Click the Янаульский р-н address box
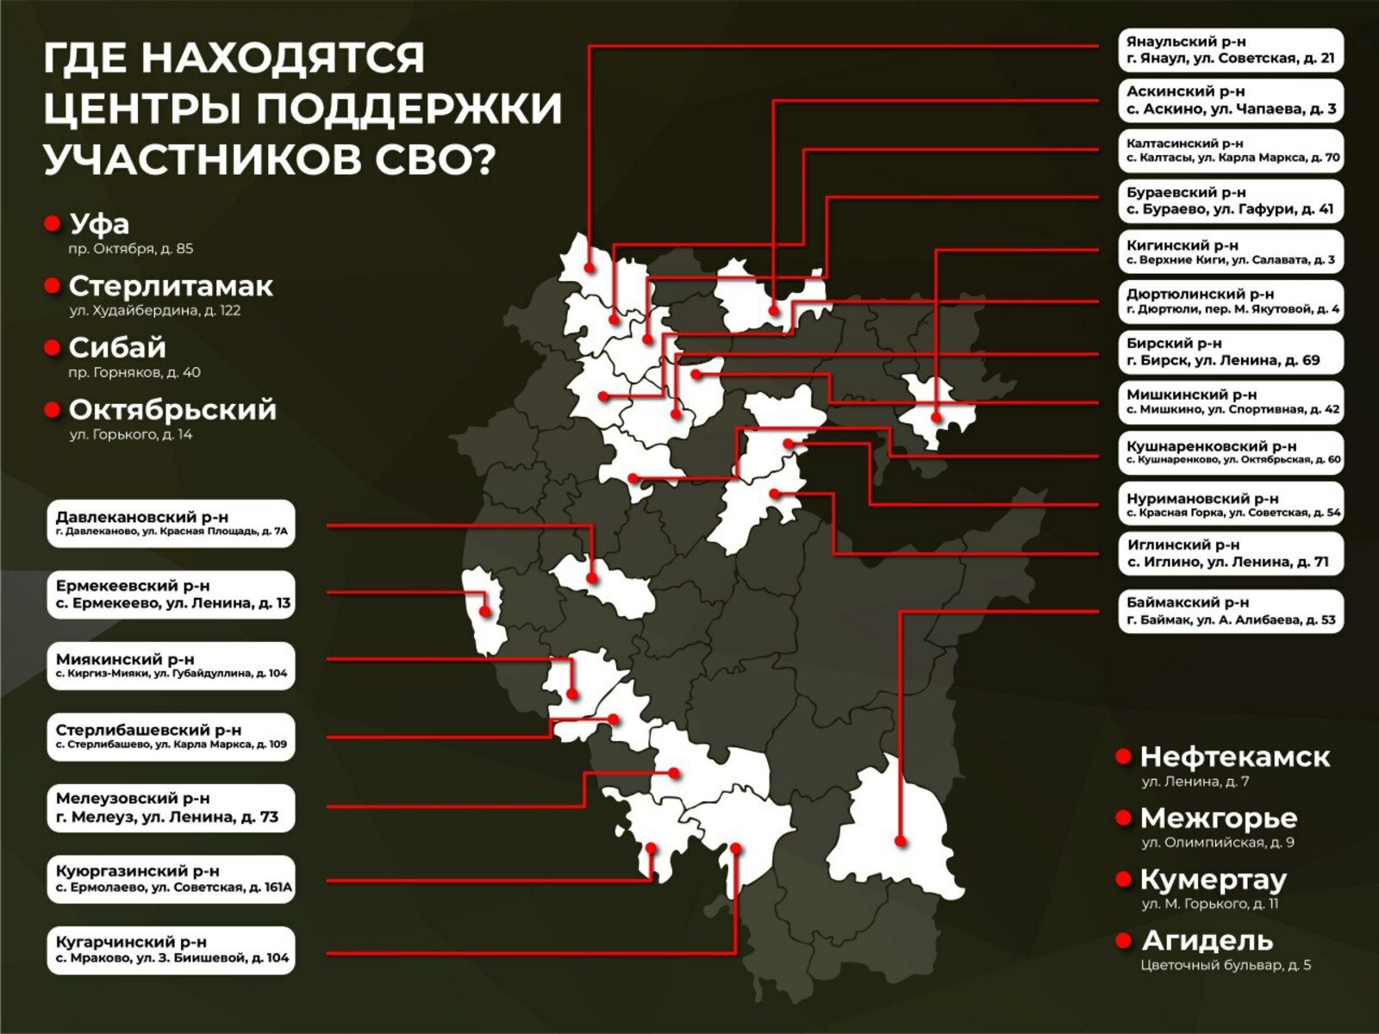tap(1231, 50)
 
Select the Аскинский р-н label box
tap(1231, 100)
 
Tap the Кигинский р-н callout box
tap(1231, 252)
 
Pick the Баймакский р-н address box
tap(1231, 611)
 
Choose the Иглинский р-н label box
tap(1231, 553)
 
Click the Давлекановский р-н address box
tap(171, 523)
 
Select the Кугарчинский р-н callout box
tap(171, 950)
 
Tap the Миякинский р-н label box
tap(171, 665)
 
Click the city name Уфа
tap(99, 224)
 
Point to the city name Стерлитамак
tap(171, 286)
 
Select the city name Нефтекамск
tap(1235, 757)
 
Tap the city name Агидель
tap(1207, 940)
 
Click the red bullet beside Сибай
tap(52, 347)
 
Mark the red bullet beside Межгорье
tap(1123, 817)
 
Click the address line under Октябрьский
tap(131, 435)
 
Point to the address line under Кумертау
tap(1210, 904)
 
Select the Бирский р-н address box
tap(1231, 352)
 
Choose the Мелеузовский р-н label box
tap(171, 807)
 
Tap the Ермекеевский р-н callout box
tap(171, 595)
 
